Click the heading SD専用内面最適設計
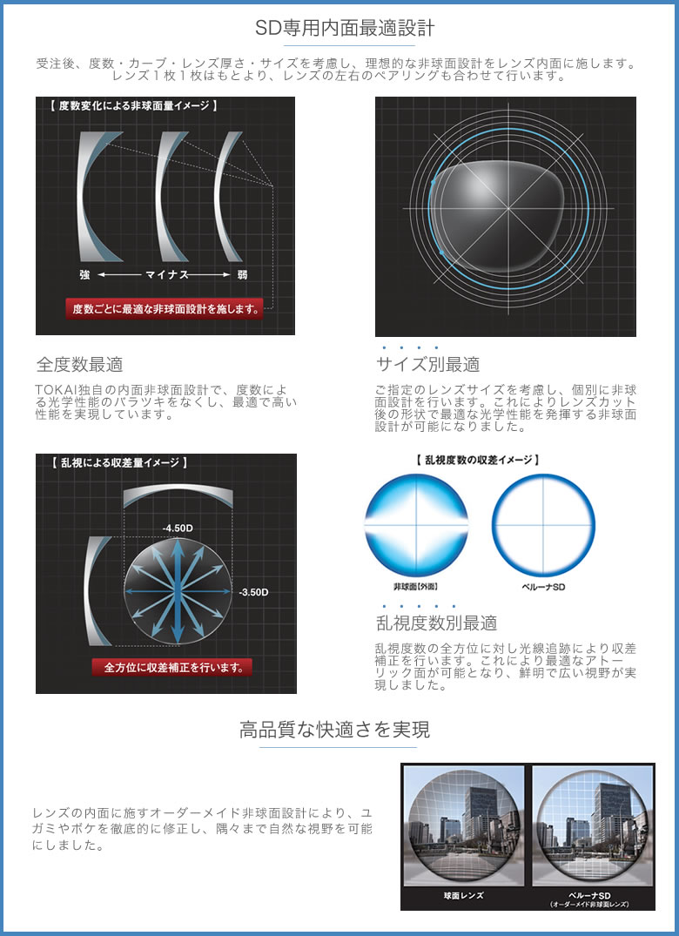(345, 28)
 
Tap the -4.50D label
(178, 529)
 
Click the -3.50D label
(253, 592)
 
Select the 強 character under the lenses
(84, 274)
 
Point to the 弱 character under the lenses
(242, 274)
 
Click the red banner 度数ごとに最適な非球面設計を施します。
(164, 308)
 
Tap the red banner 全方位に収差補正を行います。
(172, 667)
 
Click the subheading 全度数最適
(79, 364)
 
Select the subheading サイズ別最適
(427, 364)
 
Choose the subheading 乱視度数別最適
(436, 623)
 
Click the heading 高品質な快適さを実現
(334, 730)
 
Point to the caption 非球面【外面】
(416, 587)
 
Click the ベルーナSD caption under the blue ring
(543, 587)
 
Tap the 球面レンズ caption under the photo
(464, 895)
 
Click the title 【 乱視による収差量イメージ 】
(119, 462)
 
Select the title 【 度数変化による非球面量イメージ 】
(133, 105)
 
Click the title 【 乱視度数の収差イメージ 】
(477, 460)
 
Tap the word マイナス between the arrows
(166, 274)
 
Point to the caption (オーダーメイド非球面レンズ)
(588, 905)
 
